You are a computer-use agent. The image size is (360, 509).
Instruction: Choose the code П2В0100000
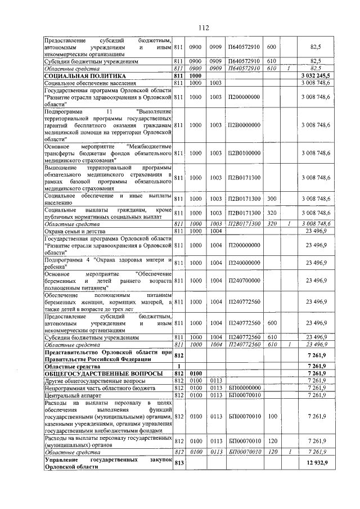(244, 152)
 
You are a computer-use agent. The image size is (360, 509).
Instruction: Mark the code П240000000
(244, 263)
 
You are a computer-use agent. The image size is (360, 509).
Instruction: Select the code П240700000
(244, 280)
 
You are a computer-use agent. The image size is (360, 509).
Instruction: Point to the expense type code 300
(271, 199)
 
